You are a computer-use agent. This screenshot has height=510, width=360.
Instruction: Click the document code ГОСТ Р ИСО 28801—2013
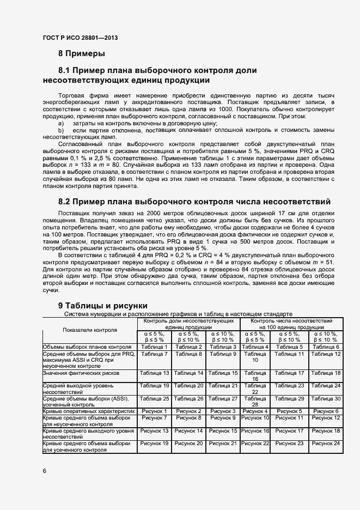pos(80,38)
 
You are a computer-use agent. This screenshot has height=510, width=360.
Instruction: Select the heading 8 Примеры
pos(82,53)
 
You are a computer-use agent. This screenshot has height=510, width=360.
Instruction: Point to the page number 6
pos(44,470)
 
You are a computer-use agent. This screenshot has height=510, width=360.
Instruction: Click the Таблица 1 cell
pos(154,347)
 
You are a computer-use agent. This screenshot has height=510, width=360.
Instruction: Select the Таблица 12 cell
pos(326,354)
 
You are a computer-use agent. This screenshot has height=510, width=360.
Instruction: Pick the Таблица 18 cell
pos(326,373)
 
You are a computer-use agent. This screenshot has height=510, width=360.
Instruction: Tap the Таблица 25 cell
pos(154,399)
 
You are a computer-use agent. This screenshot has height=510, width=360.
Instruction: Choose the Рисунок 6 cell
pos(326,411)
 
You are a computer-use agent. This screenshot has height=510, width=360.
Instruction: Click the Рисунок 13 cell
pos(154,431)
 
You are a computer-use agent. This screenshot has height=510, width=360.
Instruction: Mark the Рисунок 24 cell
pos(326,444)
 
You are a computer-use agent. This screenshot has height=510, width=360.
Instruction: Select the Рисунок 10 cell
pos(255,418)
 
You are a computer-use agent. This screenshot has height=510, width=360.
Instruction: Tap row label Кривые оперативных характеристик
pos(88,411)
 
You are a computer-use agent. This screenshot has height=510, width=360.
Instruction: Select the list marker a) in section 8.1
pos(61,125)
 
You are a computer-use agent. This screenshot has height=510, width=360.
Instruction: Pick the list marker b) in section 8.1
pos(61,131)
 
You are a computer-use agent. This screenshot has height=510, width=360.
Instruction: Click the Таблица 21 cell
pos(223,386)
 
